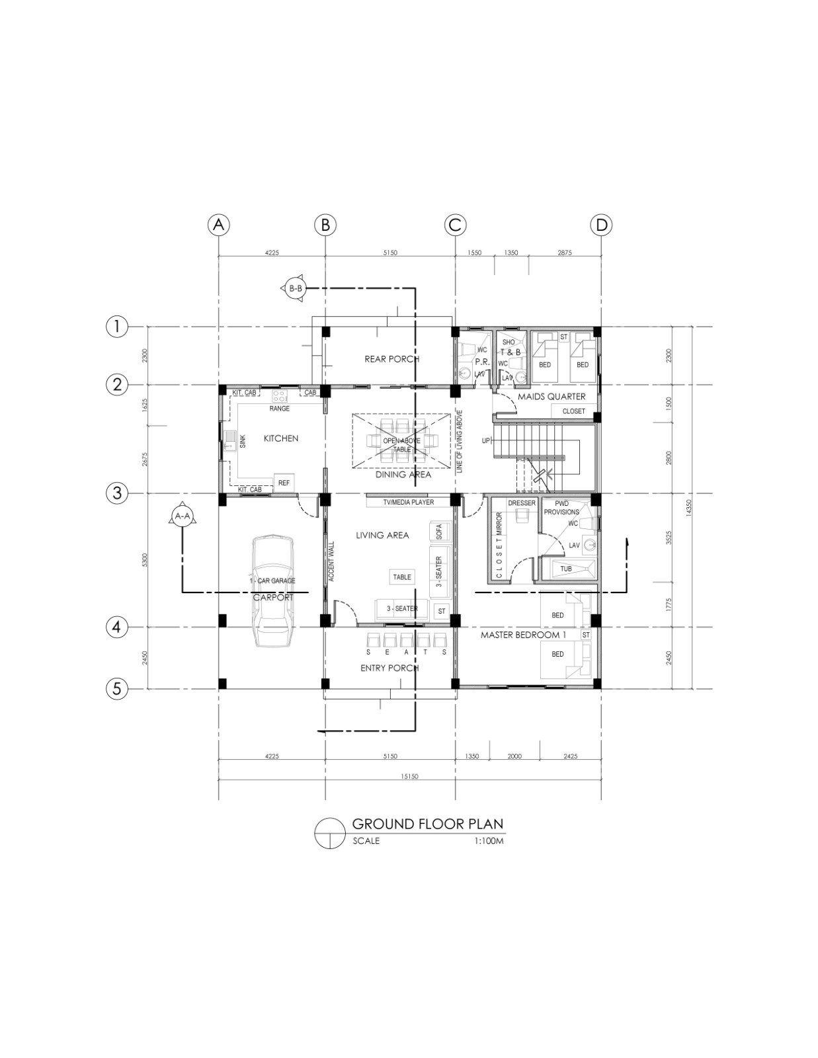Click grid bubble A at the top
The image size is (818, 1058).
(219, 225)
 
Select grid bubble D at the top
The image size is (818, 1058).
(601, 225)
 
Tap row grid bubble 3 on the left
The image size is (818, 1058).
(117, 493)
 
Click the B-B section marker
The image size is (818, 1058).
(295, 288)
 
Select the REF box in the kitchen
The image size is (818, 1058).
(284, 483)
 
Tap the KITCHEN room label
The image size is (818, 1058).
(281, 438)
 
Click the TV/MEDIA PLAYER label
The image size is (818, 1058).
(409, 503)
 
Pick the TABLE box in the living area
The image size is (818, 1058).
(402, 577)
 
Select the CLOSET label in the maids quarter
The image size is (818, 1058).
(573, 411)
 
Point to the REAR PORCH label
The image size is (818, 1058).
(392, 359)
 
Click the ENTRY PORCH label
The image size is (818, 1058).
(389, 669)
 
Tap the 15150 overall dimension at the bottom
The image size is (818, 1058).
(409, 776)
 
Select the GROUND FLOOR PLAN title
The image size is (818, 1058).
(428, 824)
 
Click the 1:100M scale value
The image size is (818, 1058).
(489, 842)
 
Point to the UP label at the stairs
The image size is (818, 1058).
(486, 440)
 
